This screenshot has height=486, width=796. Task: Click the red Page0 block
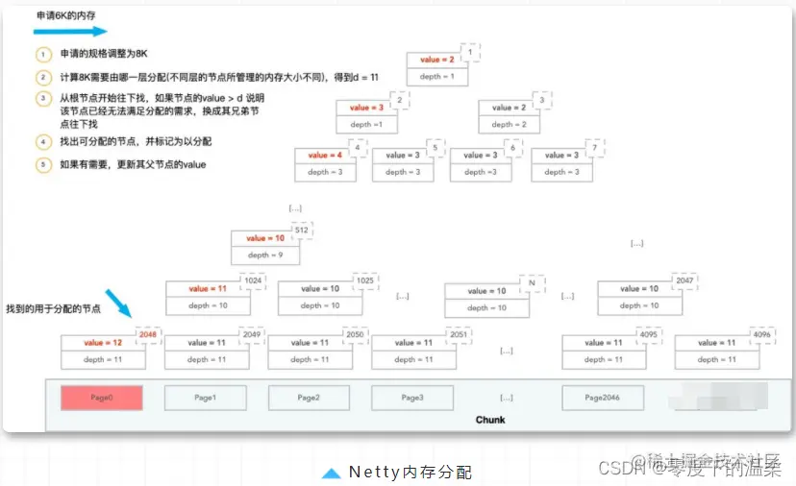[102, 398]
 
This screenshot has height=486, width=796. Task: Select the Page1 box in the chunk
[205, 398]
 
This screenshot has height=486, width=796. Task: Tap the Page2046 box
[603, 398]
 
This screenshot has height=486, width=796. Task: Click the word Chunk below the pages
[490, 420]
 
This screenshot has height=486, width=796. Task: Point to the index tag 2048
[148, 334]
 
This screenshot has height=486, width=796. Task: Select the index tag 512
[301, 231]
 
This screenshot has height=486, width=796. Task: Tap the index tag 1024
[253, 280]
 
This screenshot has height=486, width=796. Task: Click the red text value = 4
[324, 155]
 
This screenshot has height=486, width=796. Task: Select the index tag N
[531, 282]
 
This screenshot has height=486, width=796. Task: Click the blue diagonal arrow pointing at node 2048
[118, 303]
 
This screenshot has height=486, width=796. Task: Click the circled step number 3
[42, 99]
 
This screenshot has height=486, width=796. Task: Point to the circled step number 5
[42, 164]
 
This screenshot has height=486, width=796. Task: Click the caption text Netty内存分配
[410, 472]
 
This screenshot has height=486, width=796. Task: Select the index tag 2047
[684, 280]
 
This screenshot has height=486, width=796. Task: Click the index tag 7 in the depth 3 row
[596, 147]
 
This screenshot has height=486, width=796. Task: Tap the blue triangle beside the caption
[331, 473]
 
